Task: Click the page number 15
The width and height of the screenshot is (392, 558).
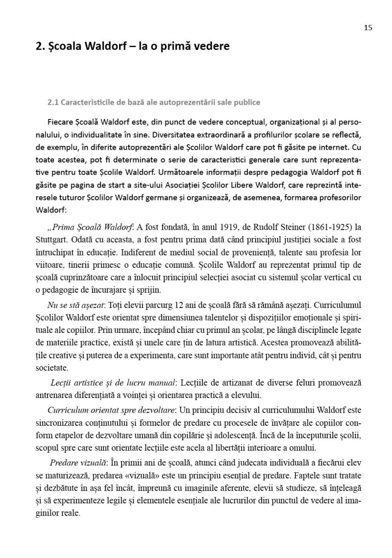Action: [x=368, y=27]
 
